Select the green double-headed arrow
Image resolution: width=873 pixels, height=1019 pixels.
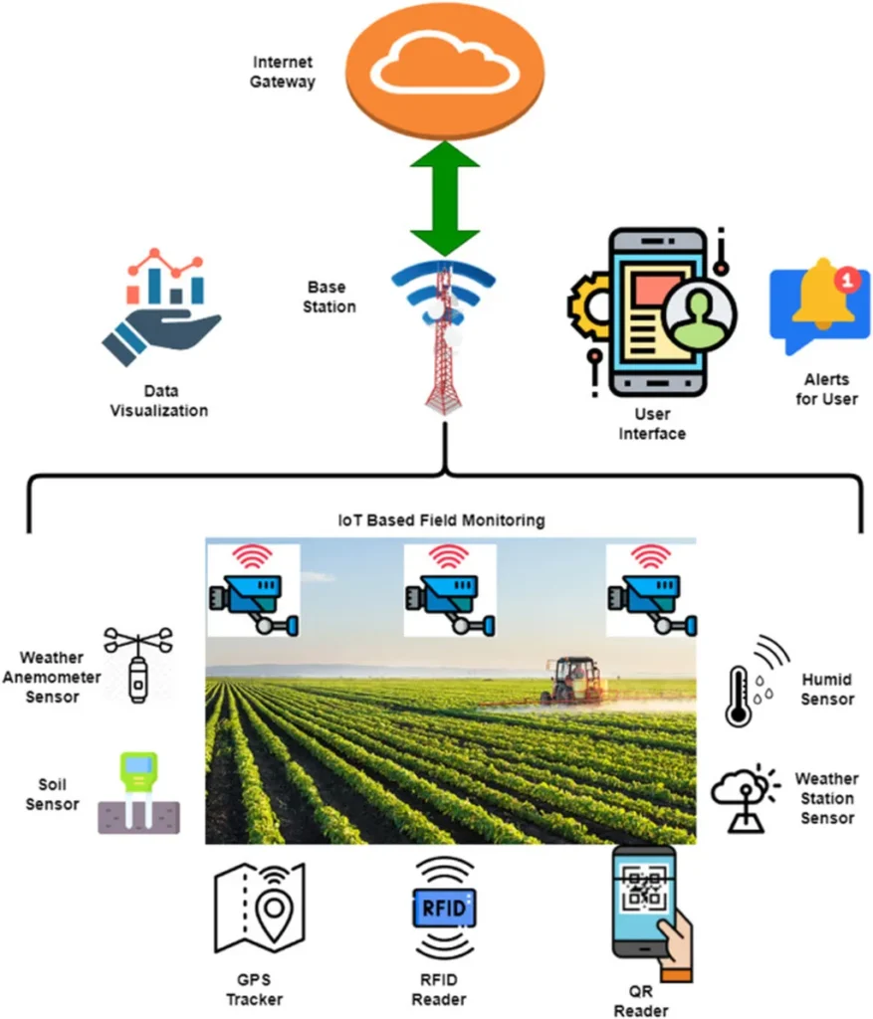click(445, 197)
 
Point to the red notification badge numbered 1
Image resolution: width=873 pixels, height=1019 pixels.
click(847, 280)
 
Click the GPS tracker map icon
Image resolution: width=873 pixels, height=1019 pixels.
click(261, 908)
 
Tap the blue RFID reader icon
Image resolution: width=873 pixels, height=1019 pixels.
click(443, 908)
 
